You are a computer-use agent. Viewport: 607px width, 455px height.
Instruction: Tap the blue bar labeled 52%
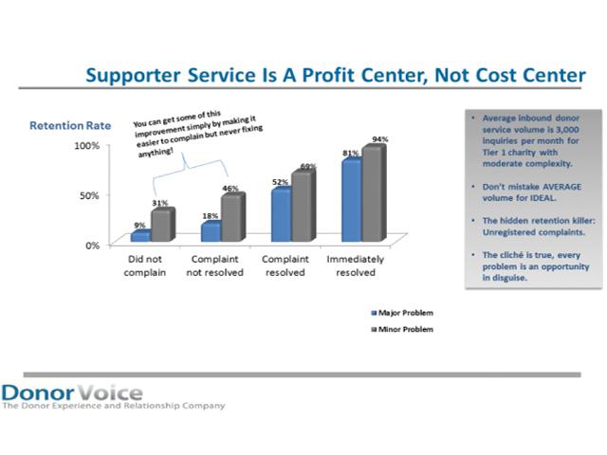pos(281,215)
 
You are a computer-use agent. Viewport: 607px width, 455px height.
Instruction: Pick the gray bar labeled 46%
pos(231,218)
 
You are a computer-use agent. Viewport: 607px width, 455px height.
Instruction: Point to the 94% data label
pos(380,139)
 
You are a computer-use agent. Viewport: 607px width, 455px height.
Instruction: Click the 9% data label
pos(138,225)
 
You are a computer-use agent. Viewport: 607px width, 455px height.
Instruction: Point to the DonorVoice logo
pos(72,391)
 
